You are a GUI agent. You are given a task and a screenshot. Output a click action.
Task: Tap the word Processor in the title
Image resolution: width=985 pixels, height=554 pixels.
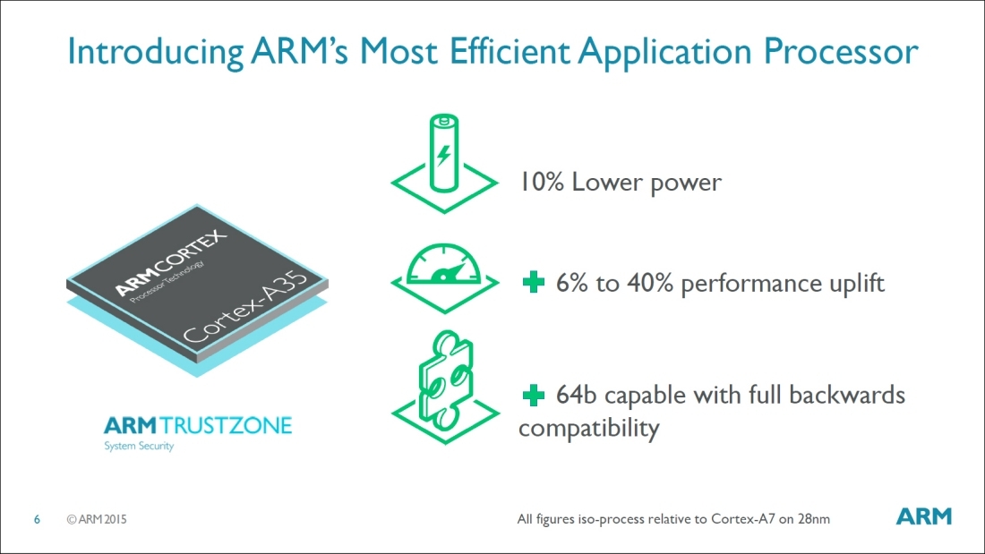click(841, 51)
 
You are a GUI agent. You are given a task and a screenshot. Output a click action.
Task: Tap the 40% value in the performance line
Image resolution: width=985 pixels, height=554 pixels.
click(649, 284)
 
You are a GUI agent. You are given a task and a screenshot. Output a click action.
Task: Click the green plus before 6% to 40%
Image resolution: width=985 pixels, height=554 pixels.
click(534, 283)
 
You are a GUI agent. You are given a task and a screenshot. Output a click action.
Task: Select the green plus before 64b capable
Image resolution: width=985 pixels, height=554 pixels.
click(534, 395)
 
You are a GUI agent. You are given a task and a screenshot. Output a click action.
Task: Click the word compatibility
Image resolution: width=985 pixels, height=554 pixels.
click(588, 429)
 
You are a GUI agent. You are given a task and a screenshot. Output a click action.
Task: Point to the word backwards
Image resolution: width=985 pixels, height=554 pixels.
click(846, 395)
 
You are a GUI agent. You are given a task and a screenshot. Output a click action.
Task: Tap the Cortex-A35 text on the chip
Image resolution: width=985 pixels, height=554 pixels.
click(245, 308)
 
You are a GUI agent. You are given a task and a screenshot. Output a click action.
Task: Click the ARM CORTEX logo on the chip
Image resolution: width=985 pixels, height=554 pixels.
click(170, 263)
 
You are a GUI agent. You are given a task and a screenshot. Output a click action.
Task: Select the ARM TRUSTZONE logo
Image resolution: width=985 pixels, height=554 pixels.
click(198, 426)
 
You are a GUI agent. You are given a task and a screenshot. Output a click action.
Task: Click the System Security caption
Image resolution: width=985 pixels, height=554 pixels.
click(139, 446)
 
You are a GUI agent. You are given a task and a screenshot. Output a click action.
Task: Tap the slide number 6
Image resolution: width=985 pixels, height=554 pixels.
click(37, 519)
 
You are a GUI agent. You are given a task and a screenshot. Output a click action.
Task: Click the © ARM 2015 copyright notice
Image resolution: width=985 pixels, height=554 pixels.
click(97, 519)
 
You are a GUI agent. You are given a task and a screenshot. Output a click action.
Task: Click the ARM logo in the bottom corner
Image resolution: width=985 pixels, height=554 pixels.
click(923, 516)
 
